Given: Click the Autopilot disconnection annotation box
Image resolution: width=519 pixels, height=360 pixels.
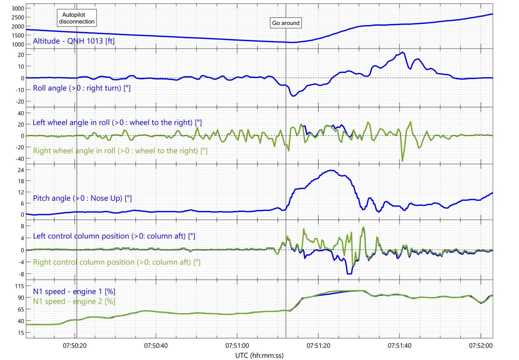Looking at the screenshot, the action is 77,18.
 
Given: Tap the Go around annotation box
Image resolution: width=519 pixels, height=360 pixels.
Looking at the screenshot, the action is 286,23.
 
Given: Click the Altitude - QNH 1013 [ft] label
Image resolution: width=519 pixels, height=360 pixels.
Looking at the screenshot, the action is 74,41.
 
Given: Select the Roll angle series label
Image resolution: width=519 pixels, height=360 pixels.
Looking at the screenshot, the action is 82,88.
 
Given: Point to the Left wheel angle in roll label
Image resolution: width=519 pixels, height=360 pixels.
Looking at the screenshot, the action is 117,122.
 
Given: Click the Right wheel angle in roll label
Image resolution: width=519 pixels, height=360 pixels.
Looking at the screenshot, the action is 120,151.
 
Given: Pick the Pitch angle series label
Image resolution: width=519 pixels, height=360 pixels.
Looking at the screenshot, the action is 82,198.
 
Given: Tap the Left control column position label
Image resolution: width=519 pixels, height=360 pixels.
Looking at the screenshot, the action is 114,236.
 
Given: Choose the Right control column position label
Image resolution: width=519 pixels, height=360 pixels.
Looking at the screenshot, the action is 116,262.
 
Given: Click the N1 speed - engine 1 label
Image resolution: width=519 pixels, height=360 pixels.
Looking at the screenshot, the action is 74,291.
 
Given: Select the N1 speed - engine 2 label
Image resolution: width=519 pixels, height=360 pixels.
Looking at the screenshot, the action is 74,301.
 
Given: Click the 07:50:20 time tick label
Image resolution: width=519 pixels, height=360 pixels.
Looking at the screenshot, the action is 74,346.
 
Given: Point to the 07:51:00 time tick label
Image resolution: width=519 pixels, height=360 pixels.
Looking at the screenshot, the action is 237,346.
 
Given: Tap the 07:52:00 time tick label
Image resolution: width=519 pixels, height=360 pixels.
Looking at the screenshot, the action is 481,346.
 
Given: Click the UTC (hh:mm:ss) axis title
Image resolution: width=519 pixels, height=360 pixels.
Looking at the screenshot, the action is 259,355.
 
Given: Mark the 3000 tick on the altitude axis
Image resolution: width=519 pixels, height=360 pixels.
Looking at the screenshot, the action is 18,8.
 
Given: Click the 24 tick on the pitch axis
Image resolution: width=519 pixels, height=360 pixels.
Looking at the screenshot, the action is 21,170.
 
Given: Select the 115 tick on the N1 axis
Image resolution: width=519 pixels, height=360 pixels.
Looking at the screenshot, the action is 19,286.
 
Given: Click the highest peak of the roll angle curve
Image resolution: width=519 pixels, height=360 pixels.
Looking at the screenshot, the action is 403,52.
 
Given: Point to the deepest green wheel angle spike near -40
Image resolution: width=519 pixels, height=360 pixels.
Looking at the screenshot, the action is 402,161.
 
